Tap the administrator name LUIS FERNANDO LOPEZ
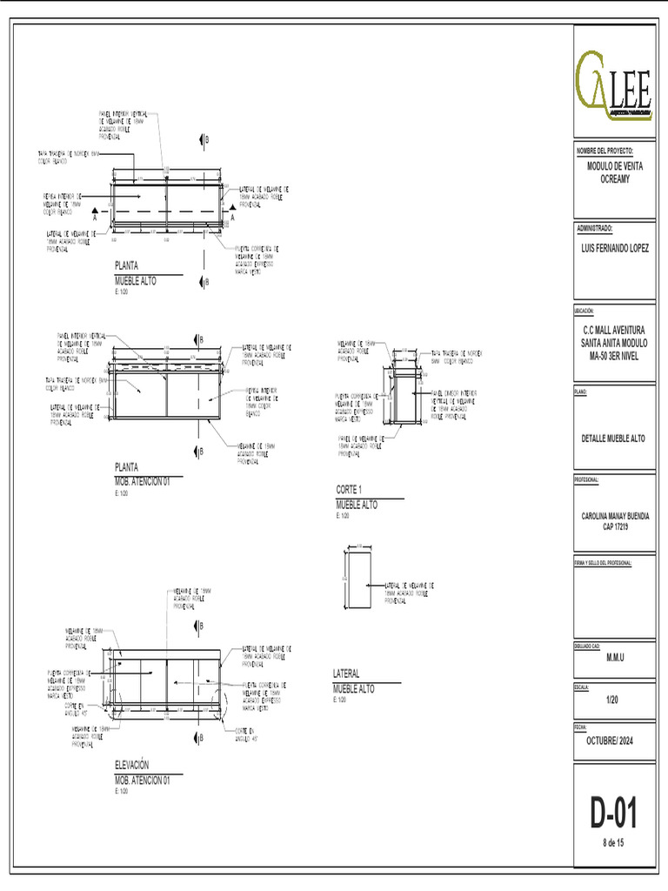pyautogui.click(x=614, y=248)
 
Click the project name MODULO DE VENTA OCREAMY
pyautogui.click(x=614, y=171)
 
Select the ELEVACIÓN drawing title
pyautogui.click(x=138, y=764)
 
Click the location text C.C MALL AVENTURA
pyautogui.click(x=614, y=331)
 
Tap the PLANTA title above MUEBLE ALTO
pyautogui.click(x=127, y=265)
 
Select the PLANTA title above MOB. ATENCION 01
pyautogui.click(x=127, y=466)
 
